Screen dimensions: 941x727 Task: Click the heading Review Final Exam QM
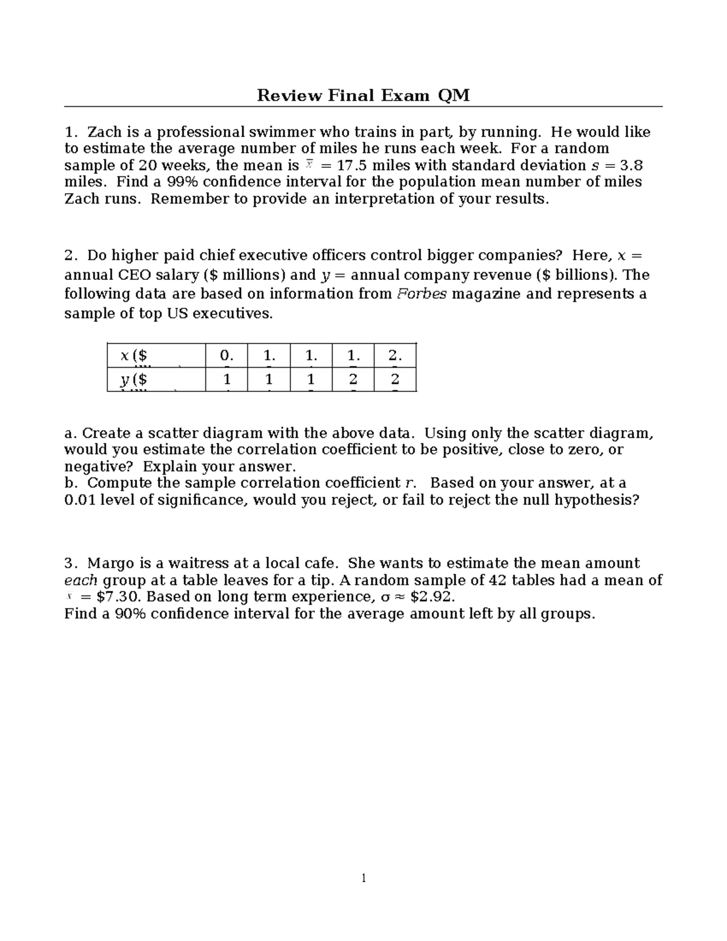point(363,95)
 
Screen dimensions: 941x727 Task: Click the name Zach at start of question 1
point(104,132)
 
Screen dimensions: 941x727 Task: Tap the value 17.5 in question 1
point(348,165)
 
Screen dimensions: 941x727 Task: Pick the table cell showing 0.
point(226,356)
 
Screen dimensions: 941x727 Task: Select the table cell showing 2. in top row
point(394,356)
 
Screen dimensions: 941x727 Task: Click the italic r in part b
point(410,483)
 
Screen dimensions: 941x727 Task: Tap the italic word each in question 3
point(81,580)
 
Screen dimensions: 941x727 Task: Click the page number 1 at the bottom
point(363,878)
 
